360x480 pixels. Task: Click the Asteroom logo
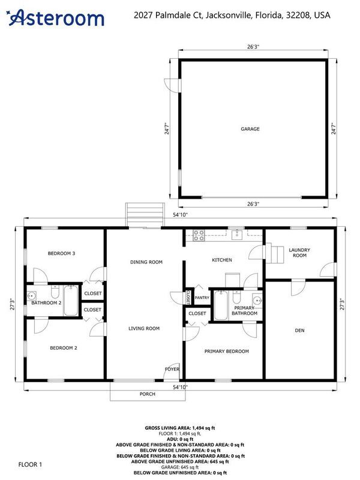pos(56,18)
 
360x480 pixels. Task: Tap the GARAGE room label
pos(250,129)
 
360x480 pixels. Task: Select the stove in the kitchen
pos(199,235)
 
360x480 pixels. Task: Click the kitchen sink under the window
pos(237,235)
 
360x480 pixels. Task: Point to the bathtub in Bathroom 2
pos(71,301)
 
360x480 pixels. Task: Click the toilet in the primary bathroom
pos(236,296)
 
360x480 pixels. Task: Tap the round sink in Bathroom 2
pos(31,296)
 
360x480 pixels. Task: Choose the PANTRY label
pos(202,298)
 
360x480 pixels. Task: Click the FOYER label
pos(172,369)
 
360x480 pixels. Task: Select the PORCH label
pos(148,394)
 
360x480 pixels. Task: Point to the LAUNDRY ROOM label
pos(299,253)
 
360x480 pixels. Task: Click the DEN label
pos(299,331)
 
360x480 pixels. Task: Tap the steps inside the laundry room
pos(275,253)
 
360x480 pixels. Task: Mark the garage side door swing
pos(172,86)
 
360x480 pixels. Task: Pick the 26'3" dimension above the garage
pos(253,47)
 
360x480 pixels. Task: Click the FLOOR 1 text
pos(30,464)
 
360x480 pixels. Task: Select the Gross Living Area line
pos(180,428)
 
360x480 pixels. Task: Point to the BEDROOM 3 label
pos(62,253)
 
